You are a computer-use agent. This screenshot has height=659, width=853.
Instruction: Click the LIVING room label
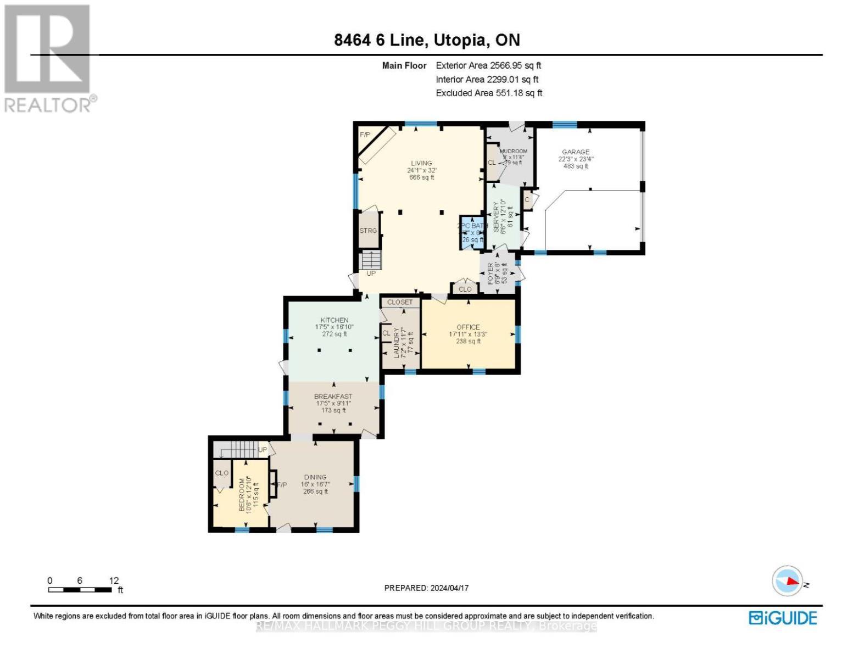[421, 163]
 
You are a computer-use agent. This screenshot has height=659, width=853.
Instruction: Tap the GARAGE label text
[575, 152]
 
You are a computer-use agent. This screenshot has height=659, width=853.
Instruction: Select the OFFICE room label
[468, 327]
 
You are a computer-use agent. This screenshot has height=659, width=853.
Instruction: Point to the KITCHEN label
[334, 320]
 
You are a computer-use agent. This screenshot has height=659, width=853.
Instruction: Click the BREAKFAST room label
[333, 396]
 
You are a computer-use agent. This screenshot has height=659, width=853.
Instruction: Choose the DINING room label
[315, 477]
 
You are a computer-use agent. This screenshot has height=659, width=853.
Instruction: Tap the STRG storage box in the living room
[368, 231]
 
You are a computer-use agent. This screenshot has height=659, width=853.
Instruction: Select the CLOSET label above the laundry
[400, 302]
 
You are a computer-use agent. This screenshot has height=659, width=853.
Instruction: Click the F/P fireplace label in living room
[365, 135]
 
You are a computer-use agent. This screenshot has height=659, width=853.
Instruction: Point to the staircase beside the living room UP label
[371, 260]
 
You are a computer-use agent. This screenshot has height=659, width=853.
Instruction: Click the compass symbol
[788, 581]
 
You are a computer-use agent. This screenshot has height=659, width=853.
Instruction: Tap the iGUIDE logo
[783, 618]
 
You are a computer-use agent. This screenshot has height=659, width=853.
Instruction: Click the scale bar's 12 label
[114, 580]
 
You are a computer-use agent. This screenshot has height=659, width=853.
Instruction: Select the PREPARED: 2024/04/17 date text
[426, 588]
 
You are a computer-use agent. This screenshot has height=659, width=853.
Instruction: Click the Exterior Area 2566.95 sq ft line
[488, 65]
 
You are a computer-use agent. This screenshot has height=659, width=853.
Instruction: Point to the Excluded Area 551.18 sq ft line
[489, 93]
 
